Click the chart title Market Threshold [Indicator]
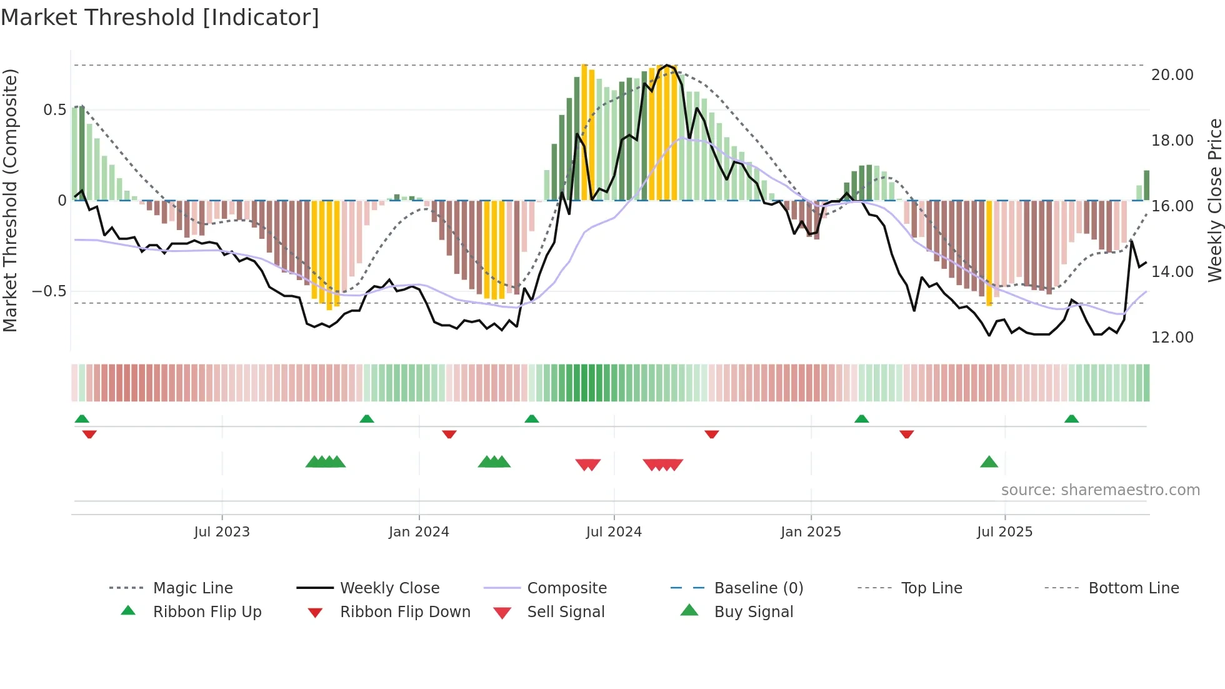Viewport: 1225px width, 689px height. [160, 18]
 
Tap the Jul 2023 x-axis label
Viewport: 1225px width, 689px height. [222, 532]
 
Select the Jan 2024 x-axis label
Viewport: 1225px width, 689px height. [419, 532]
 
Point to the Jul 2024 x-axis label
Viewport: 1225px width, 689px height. [614, 532]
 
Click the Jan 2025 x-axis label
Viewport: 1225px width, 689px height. [811, 532]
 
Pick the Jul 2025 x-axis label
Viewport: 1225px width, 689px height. [1004, 532]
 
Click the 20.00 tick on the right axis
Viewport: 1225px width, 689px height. [1172, 75]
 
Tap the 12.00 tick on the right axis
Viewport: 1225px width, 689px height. [1172, 338]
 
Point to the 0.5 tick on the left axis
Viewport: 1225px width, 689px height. [54, 110]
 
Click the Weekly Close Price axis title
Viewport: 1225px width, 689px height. [1214, 200]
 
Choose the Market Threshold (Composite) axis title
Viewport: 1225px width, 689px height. [10, 200]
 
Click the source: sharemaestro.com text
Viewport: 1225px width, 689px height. [1100, 490]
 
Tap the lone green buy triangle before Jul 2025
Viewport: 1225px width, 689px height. [989, 463]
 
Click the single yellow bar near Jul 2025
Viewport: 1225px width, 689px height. [989, 253]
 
